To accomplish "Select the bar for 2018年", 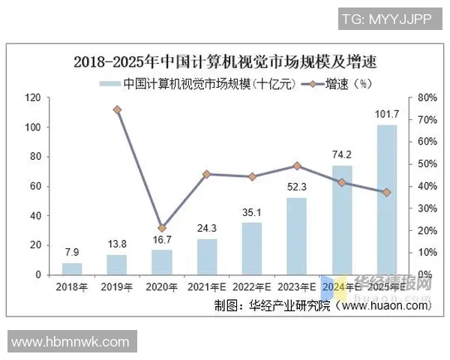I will pyautogui.click(x=72, y=268).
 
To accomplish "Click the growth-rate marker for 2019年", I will pyautogui.click(x=117, y=109).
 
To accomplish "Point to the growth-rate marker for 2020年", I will pyautogui.click(x=162, y=228).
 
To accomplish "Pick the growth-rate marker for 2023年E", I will pyautogui.click(x=296, y=166).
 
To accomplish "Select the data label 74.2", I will pyautogui.click(x=341, y=155).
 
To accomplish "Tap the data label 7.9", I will pyautogui.click(x=72, y=253).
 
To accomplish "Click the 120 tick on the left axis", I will pyautogui.click(x=32, y=97).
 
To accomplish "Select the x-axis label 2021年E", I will pyautogui.click(x=206, y=286).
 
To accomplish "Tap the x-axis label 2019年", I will pyautogui.click(x=117, y=286).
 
